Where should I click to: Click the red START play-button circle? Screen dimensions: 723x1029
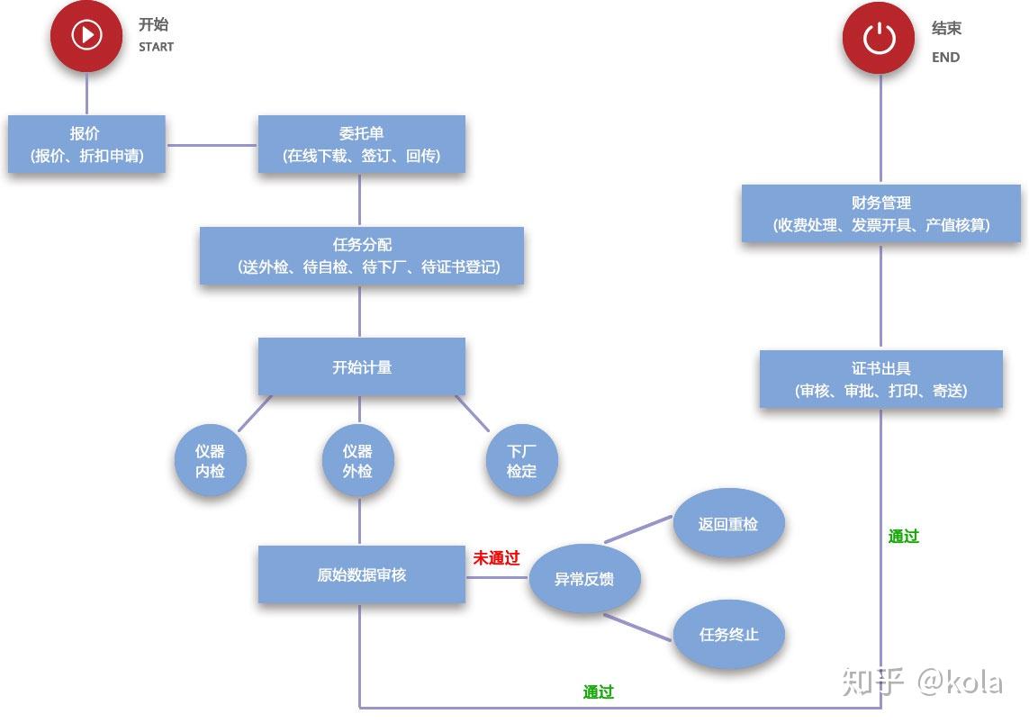(x=87, y=35)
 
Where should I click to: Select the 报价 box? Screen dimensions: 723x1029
(x=86, y=144)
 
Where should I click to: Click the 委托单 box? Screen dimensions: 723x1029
(x=361, y=144)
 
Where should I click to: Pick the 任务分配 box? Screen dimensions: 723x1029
(x=361, y=256)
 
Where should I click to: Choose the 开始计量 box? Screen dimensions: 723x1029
(x=361, y=366)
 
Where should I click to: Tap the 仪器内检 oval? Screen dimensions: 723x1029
(x=210, y=460)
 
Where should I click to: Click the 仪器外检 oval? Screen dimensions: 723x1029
(x=357, y=460)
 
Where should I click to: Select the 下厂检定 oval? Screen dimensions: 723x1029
(x=521, y=460)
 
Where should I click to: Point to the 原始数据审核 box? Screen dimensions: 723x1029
(x=361, y=574)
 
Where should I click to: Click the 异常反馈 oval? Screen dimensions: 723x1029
(x=584, y=579)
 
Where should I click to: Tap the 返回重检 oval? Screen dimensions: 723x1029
(x=728, y=524)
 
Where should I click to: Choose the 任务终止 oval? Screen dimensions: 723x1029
(x=728, y=634)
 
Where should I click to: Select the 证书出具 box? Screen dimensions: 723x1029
(x=880, y=379)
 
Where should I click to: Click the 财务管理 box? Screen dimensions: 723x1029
(x=880, y=213)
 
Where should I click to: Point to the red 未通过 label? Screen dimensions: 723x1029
(x=496, y=558)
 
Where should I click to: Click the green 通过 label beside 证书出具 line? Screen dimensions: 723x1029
(x=903, y=537)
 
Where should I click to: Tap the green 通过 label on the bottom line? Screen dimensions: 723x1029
(x=598, y=691)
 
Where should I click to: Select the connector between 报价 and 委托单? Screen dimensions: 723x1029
(x=212, y=144)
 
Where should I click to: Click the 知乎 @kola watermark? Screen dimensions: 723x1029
(x=922, y=682)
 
